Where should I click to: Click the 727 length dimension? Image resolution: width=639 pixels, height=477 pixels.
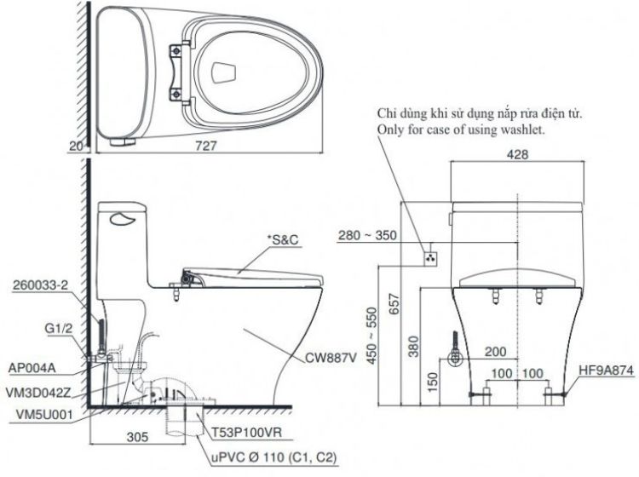coord(206,146)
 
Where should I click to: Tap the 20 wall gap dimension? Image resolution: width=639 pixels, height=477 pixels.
coord(77,146)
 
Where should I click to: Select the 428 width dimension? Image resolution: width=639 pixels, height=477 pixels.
coord(517,154)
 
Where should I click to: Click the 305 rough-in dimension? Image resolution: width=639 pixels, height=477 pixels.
coord(137,438)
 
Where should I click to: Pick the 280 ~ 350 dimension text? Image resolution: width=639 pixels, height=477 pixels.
coord(367,235)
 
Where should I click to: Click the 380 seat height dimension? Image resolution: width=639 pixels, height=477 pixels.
coord(413,346)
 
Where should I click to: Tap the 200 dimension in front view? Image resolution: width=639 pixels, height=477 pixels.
coord(495,352)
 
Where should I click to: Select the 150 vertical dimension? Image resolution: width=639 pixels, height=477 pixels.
coord(433,382)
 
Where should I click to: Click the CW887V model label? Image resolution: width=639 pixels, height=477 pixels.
coord(331,358)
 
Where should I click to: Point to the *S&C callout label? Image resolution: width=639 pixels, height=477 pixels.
coord(282,239)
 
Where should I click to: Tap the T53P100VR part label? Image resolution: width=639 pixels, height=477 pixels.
coord(246,432)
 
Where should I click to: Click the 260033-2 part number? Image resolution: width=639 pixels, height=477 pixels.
coord(40,285)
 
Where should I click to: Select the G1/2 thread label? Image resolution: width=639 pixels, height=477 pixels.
coord(58,328)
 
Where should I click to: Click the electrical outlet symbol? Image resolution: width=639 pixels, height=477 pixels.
coord(431,258)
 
